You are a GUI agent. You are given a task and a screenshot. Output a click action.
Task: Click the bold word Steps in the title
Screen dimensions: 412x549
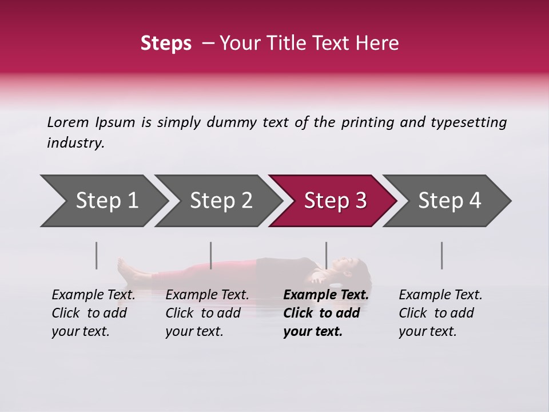(x=166, y=43)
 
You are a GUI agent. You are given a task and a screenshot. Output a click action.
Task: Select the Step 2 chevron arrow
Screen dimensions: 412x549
(x=221, y=200)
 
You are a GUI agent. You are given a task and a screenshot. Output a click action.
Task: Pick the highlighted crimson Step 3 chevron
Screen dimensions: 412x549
(x=335, y=200)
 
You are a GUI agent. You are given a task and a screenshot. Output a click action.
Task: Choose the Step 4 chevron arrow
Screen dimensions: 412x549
(x=449, y=200)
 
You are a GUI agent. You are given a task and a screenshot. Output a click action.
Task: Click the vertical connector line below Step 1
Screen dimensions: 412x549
(x=97, y=255)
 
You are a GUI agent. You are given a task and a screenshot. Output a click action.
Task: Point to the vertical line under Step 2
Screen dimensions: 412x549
(x=211, y=255)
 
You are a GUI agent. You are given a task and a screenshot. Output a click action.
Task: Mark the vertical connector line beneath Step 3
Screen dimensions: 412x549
(x=326, y=255)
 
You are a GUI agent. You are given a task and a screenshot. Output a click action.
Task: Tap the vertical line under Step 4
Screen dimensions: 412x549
(x=441, y=255)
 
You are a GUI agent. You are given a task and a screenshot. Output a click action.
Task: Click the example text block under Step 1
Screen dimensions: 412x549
(x=93, y=313)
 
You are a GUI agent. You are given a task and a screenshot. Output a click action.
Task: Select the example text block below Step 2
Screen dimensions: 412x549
(x=207, y=313)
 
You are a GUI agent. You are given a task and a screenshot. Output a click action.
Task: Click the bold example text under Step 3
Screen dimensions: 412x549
(x=326, y=313)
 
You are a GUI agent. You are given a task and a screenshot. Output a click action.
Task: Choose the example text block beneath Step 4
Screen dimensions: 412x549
(x=440, y=313)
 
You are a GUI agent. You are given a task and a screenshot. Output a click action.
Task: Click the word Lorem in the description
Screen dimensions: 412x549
(x=68, y=122)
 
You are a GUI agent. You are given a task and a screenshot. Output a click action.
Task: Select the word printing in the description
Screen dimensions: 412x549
(x=366, y=122)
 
